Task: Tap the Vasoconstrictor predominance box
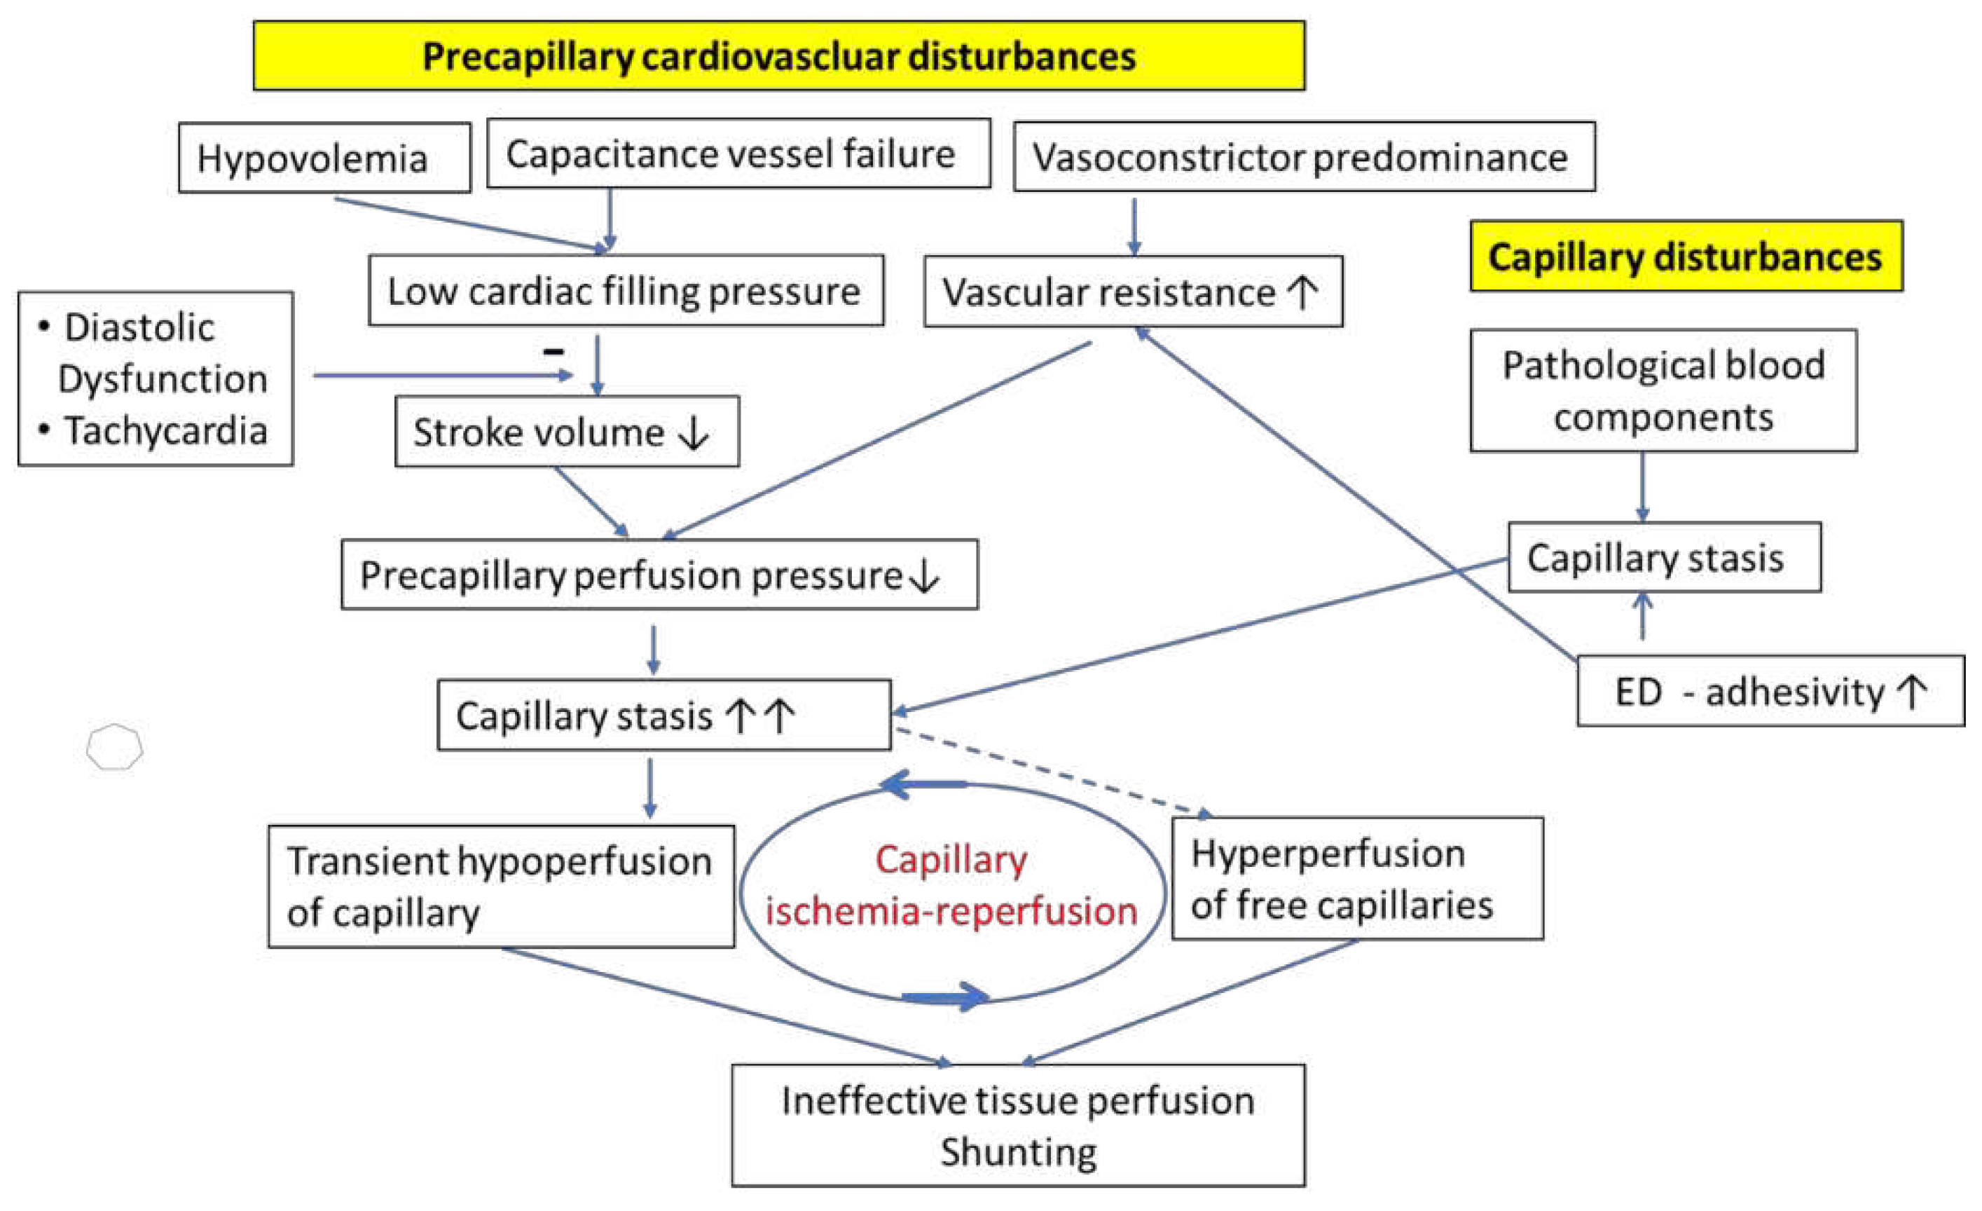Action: tap(1303, 157)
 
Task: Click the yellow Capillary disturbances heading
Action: tap(1685, 256)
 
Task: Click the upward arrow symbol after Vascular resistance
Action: tap(1303, 292)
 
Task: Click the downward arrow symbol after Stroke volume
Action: tap(694, 434)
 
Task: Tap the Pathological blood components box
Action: tap(1663, 390)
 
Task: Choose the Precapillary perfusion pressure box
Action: tap(659, 575)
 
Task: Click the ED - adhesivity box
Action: tap(1770, 691)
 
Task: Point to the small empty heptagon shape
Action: tap(114, 748)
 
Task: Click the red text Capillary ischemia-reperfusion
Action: tap(951, 885)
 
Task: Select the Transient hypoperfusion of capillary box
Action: tap(500, 886)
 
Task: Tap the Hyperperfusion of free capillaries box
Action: tap(1357, 879)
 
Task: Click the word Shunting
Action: tap(1019, 1152)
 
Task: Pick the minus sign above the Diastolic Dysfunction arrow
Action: tap(553, 352)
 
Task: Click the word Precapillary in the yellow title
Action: tap(528, 56)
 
